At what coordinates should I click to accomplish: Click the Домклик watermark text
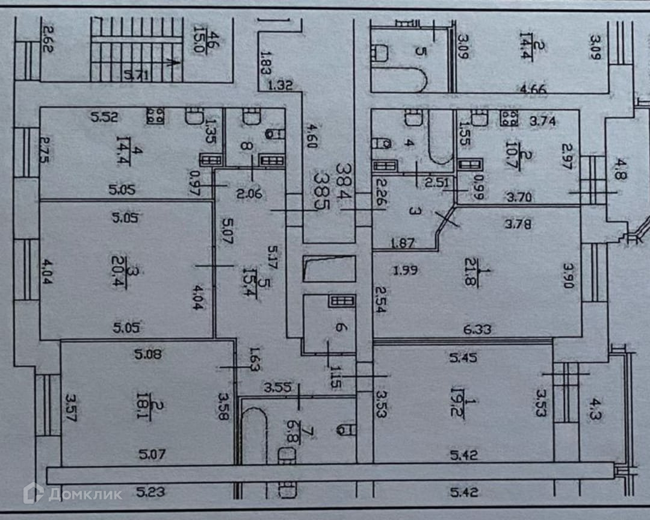click(x=85, y=494)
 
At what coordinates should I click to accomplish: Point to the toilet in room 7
click(x=344, y=429)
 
